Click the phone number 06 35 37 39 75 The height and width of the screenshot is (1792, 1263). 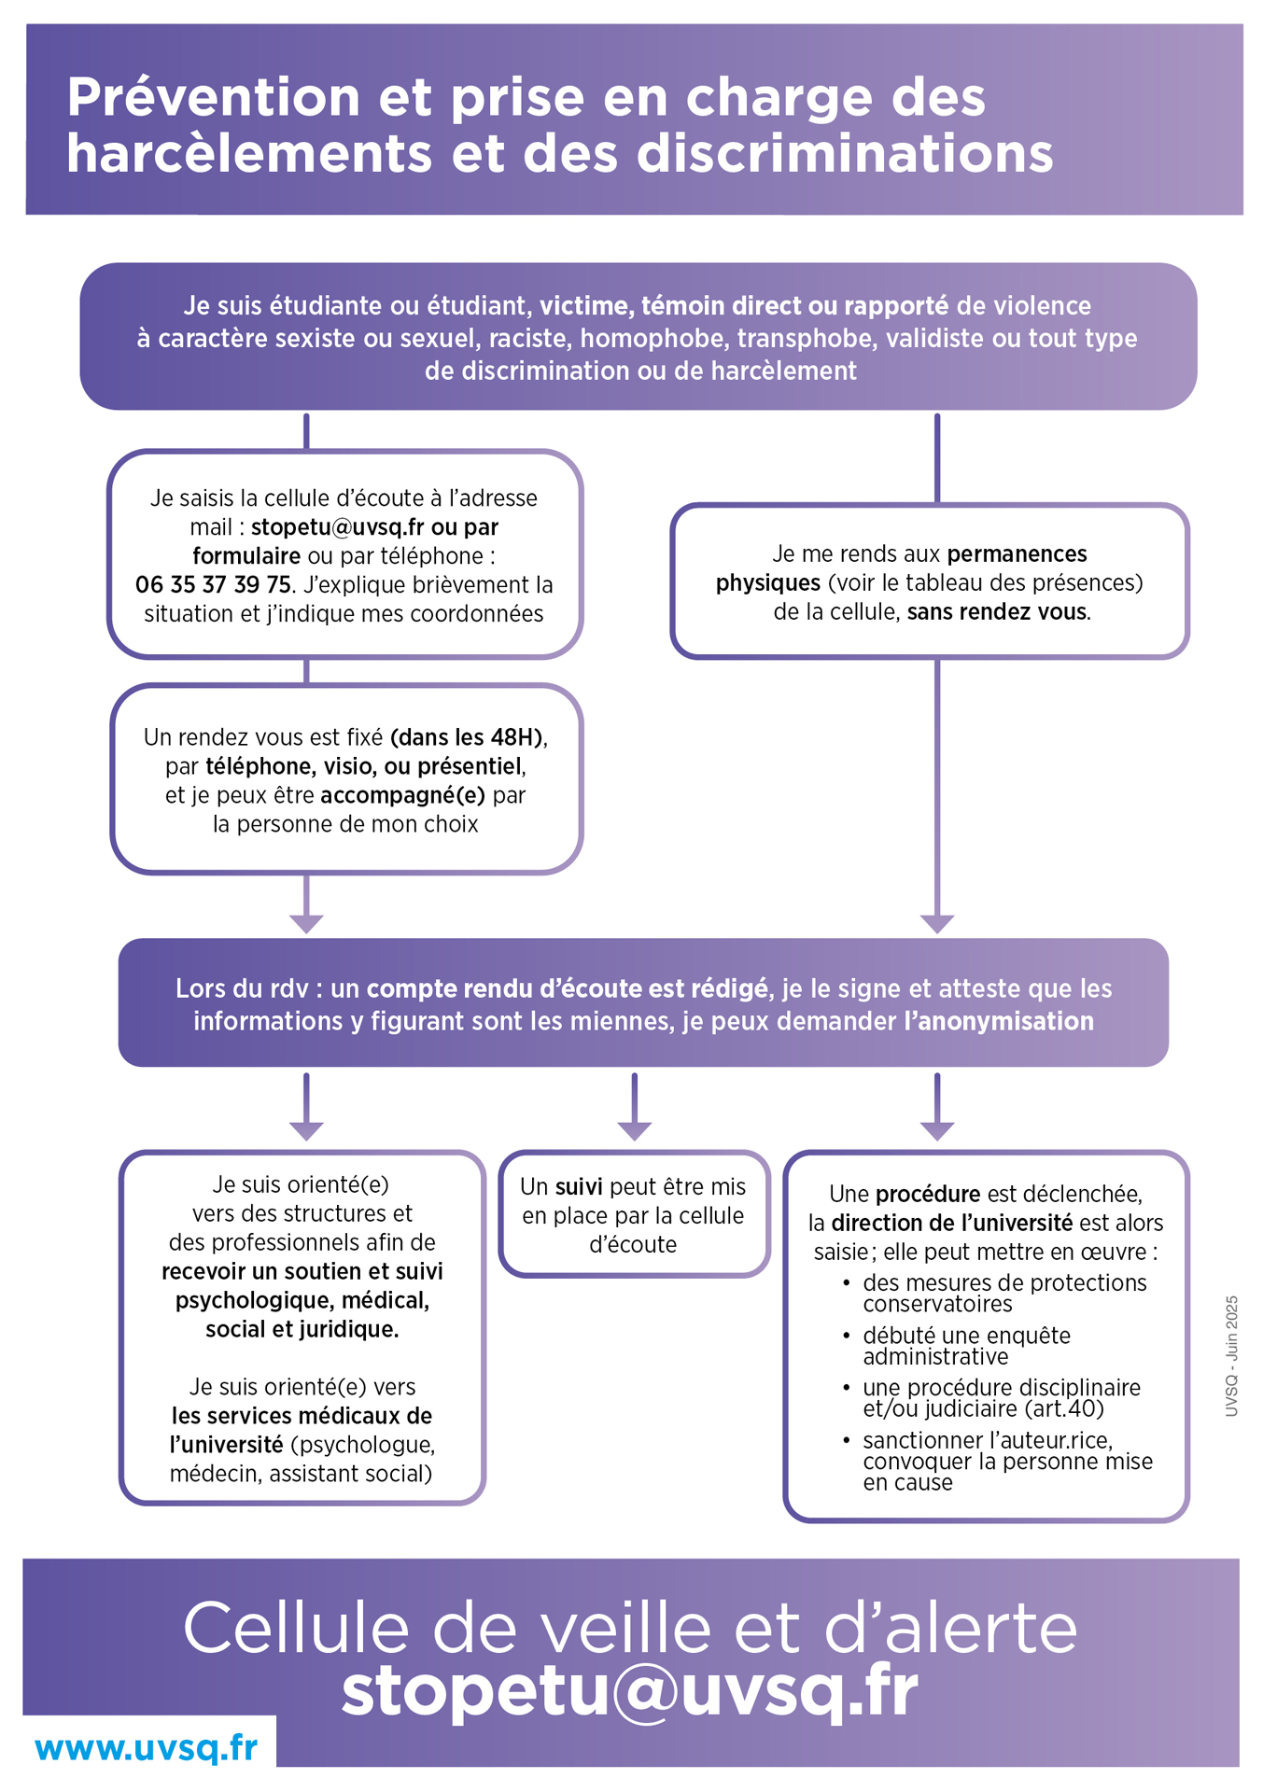(x=213, y=585)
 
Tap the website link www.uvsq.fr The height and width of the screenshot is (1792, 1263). (x=146, y=1747)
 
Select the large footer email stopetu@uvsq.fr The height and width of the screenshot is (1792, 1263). (x=630, y=1691)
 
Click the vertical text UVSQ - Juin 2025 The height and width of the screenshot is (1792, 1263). (x=1232, y=1355)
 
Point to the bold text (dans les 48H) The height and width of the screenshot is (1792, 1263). (x=467, y=737)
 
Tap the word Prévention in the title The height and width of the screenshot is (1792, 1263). (x=213, y=97)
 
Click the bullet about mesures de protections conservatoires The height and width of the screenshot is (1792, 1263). (x=1003, y=1294)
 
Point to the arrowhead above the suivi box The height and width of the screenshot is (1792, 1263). (x=634, y=1130)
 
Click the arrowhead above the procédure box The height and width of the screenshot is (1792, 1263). (x=937, y=1130)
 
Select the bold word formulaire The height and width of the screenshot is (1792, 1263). (x=246, y=556)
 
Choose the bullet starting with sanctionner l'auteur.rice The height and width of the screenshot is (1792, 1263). (x=1006, y=1461)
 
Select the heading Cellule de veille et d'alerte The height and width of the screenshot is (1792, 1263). (x=630, y=1629)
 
